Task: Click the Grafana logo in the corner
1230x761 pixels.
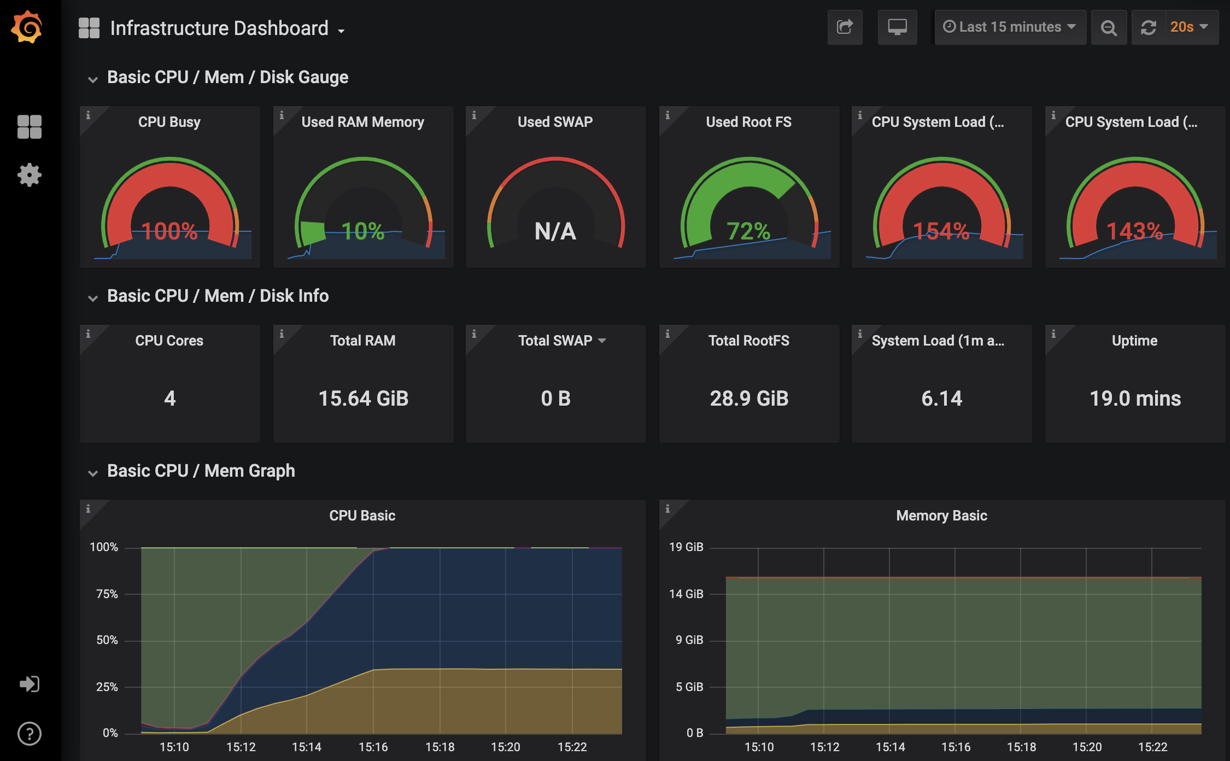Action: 27,27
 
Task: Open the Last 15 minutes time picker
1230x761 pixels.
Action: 1010,27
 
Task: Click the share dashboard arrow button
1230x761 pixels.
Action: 845,27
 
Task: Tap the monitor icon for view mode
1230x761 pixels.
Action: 897,27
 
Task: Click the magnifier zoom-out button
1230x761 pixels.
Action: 1109,27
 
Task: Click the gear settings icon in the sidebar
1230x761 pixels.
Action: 30,175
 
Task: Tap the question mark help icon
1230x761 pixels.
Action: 30,734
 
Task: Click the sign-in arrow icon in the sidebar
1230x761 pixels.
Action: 30,684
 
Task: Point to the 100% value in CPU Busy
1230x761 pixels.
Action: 169,231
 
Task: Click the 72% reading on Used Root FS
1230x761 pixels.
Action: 748,231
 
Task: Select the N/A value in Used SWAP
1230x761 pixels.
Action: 555,231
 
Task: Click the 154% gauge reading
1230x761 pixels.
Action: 941,231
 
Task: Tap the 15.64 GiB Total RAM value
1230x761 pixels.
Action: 364,399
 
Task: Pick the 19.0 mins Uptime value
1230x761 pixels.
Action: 1135,399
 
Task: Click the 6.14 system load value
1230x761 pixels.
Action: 941,399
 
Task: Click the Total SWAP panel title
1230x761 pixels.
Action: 555,341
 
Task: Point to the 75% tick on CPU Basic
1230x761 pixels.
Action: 107,594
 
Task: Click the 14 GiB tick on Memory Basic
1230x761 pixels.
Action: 686,594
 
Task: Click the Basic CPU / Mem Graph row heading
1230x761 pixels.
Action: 201,471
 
